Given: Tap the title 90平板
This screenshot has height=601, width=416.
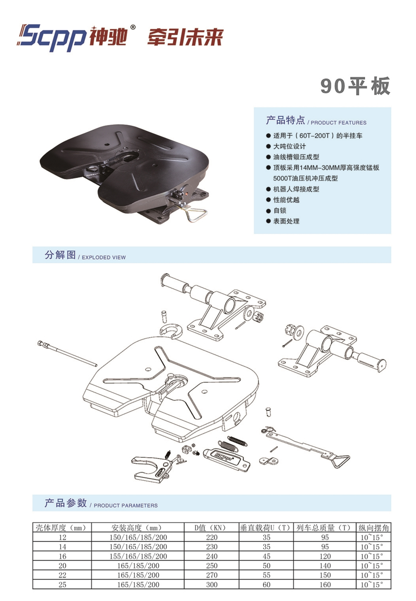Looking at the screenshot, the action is [x=355, y=86].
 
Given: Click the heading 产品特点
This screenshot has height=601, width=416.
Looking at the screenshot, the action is [x=285, y=120].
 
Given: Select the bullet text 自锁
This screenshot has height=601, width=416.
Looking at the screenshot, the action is [x=280, y=211].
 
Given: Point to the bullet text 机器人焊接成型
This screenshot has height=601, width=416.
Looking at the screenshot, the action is [x=296, y=189].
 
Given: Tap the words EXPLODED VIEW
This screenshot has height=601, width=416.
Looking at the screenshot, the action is [x=104, y=257].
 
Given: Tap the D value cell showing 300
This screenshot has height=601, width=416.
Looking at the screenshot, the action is [x=212, y=585].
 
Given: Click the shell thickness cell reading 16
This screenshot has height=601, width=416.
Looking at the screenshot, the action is [x=62, y=556].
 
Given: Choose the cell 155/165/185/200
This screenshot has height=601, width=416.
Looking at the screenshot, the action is [x=138, y=556].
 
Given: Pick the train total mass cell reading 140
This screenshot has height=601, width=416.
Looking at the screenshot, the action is [x=325, y=566].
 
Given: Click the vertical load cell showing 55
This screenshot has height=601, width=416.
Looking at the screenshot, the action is [x=267, y=575].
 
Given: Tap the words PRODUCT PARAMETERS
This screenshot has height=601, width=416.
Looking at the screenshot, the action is [x=126, y=505].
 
